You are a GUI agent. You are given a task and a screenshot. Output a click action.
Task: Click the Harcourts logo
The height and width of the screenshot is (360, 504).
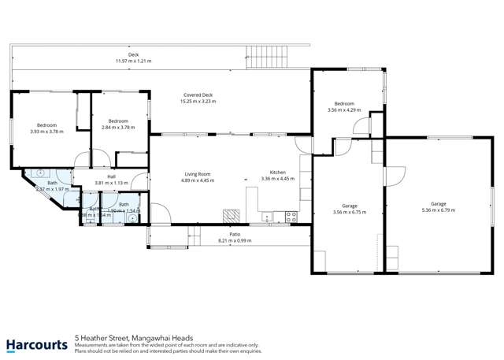[36, 343]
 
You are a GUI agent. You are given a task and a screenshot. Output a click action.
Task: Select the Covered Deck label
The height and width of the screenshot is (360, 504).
[197, 95]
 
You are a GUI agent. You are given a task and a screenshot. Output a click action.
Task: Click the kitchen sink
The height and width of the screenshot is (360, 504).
[268, 215]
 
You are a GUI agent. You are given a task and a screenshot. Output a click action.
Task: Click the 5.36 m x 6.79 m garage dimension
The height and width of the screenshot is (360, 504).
[438, 210]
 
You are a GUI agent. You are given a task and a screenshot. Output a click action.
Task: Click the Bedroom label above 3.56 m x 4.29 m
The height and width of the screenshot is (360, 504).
[344, 104]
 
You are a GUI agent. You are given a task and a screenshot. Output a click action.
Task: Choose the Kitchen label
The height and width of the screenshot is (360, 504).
[277, 173]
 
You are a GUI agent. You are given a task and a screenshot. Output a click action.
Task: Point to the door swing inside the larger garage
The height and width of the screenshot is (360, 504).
[396, 173]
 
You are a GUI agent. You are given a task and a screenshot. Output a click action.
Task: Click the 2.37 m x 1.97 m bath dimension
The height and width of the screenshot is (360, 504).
[53, 189]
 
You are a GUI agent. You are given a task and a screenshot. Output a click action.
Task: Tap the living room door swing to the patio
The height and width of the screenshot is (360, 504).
[157, 213]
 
